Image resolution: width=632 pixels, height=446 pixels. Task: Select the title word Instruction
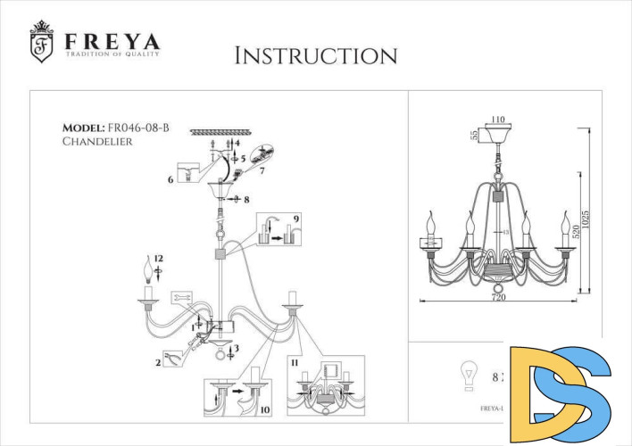pos(315,55)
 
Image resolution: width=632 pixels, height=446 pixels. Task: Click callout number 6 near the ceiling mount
pos(170,180)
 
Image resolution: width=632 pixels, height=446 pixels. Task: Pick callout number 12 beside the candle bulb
pos(158,258)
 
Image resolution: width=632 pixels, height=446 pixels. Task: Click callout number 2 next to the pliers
pos(158,362)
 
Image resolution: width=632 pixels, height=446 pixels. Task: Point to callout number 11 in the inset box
pos(294,364)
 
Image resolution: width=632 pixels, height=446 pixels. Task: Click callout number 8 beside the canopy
pos(245,200)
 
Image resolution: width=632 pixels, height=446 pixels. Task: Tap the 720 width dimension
pos(498,298)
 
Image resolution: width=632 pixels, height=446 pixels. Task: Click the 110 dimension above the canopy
pos(498,119)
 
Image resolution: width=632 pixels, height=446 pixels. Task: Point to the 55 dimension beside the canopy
pos(473,136)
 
